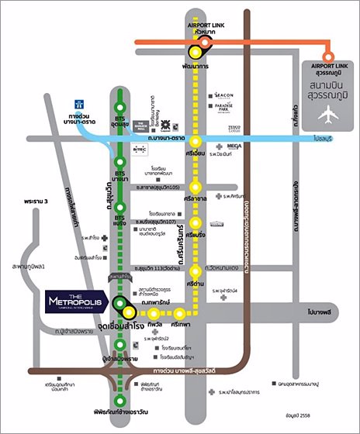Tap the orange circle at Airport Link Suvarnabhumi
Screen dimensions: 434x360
pyautogui.click(x=328, y=57)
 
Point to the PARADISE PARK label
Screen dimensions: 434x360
pyautogui.click(x=234, y=108)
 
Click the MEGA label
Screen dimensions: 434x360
pyautogui.click(x=235, y=146)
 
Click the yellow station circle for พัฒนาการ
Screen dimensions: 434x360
pyautogui.click(x=196, y=53)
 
